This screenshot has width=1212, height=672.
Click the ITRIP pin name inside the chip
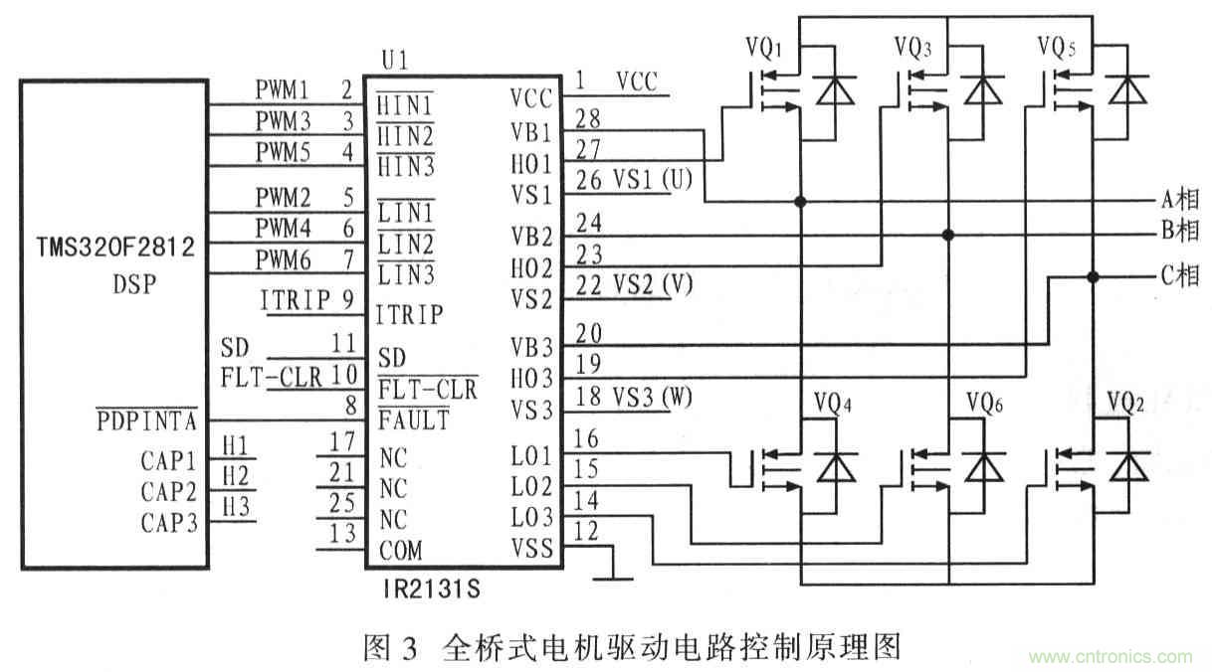(x=408, y=316)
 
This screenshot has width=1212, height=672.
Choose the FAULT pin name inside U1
(x=413, y=420)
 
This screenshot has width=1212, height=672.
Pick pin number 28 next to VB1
(x=589, y=118)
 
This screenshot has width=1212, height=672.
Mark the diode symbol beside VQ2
(x=1125, y=465)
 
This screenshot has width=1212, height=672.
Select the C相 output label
(x=1179, y=277)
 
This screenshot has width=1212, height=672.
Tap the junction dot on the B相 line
(x=948, y=235)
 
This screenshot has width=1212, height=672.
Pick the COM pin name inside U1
(x=400, y=551)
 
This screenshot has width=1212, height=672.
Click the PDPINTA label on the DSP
(x=147, y=421)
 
